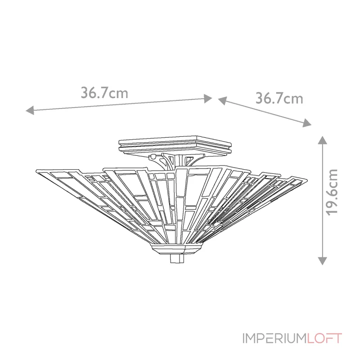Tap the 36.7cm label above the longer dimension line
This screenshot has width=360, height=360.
pyautogui.click(x=104, y=93)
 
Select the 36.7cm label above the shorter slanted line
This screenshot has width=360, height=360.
pyautogui.click(x=279, y=98)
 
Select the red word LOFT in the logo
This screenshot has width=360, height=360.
pyautogui.click(x=325, y=338)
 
